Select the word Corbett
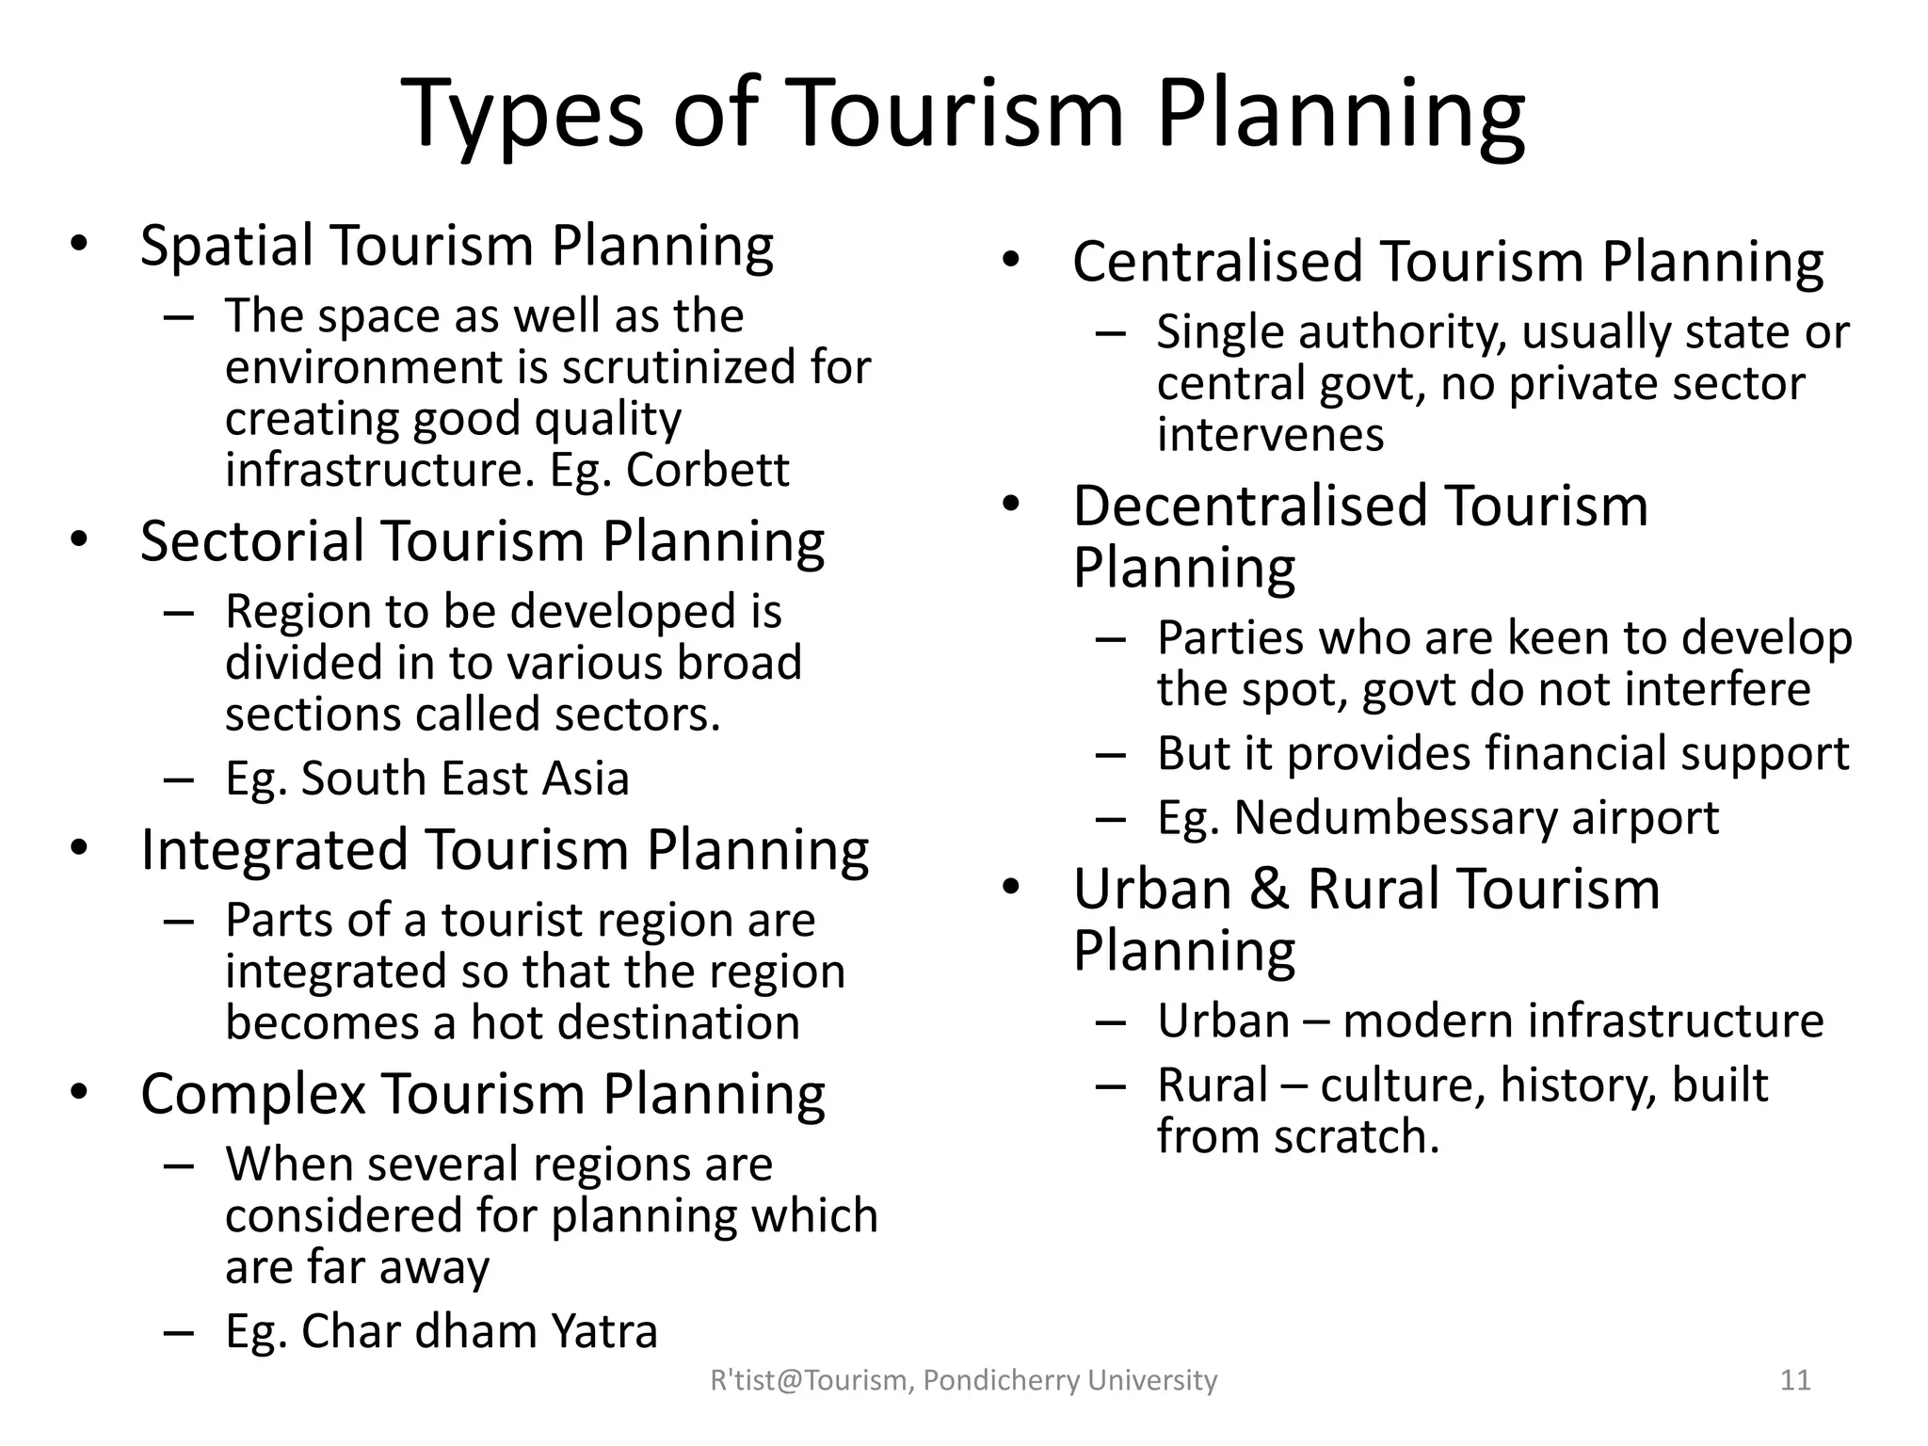pyautogui.click(x=707, y=470)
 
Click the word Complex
pyautogui.click(x=252, y=1095)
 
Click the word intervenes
pyautogui.click(x=1270, y=435)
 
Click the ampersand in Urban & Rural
pyautogui.click(x=1269, y=890)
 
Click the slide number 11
pyautogui.click(x=1795, y=1380)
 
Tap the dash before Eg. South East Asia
pyautogui.click(x=178, y=779)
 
